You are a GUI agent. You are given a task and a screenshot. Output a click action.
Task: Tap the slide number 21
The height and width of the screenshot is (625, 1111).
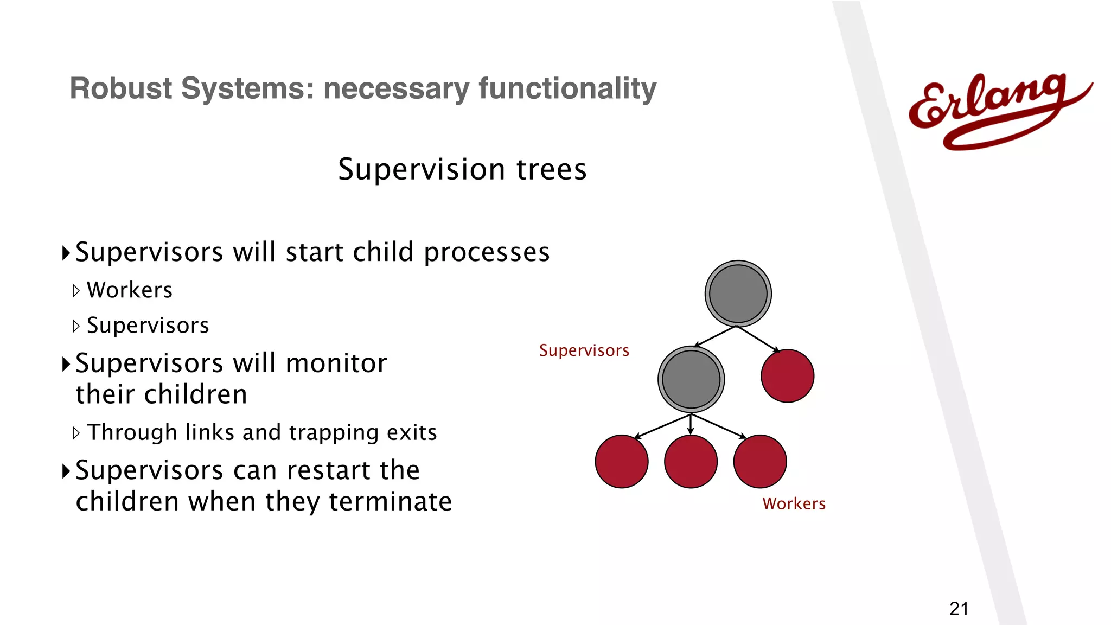(x=959, y=609)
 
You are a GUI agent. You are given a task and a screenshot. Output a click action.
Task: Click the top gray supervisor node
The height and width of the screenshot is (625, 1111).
(x=738, y=294)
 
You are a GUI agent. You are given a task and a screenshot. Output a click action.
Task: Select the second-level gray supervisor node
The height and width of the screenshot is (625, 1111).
(x=691, y=379)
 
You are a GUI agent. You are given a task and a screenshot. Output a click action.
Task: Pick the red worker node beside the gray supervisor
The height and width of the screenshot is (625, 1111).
(x=787, y=376)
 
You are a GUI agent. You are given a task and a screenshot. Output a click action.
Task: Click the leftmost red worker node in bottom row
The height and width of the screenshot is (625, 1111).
(x=622, y=462)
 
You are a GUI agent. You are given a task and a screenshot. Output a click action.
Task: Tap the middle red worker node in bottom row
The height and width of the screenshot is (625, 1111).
(x=691, y=462)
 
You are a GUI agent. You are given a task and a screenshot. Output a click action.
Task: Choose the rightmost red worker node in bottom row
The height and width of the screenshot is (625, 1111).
(x=759, y=462)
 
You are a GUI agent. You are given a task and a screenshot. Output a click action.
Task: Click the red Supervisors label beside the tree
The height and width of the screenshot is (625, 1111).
(x=584, y=350)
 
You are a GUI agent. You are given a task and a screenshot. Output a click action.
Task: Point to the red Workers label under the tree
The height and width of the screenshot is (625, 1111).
(x=794, y=504)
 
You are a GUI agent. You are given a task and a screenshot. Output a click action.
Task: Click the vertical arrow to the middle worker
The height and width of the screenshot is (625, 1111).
(x=691, y=425)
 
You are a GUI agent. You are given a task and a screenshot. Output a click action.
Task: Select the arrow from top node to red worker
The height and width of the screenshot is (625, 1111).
(x=758, y=339)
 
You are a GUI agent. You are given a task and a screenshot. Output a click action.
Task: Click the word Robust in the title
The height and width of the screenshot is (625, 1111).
(x=120, y=88)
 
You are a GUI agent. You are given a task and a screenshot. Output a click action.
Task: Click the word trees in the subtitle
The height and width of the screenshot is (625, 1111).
(x=551, y=169)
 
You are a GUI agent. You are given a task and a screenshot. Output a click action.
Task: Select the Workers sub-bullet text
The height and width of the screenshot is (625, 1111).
(x=130, y=290)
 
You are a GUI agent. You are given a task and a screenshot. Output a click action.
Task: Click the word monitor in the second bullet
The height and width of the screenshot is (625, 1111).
(x=336, y=363)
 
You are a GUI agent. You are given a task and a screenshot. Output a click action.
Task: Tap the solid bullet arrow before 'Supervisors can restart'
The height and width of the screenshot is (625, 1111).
(x=66, y=471)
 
